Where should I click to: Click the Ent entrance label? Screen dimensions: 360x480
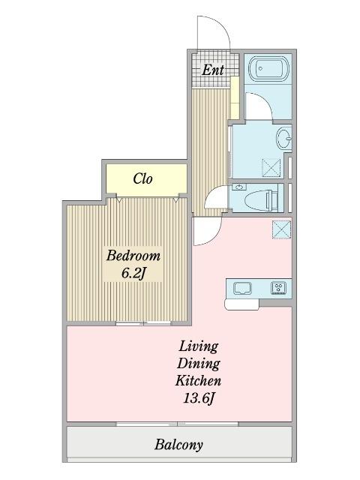213,70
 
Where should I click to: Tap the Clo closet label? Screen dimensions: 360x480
143,178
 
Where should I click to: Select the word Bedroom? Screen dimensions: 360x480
133,256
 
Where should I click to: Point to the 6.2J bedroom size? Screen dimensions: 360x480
133,273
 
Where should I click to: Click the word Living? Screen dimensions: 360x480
198,346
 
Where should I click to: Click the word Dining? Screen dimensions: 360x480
198,364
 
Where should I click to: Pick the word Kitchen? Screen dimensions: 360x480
198,381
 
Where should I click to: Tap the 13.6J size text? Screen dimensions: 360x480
198,398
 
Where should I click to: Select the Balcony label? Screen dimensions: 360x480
178,445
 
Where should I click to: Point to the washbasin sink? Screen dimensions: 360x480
284,139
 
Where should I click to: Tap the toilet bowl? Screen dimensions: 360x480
262,200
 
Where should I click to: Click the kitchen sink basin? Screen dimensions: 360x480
242,288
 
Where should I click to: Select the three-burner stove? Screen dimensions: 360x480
279,288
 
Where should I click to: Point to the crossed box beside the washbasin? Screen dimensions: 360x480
271,167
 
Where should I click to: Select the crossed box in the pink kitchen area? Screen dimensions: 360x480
282,229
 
